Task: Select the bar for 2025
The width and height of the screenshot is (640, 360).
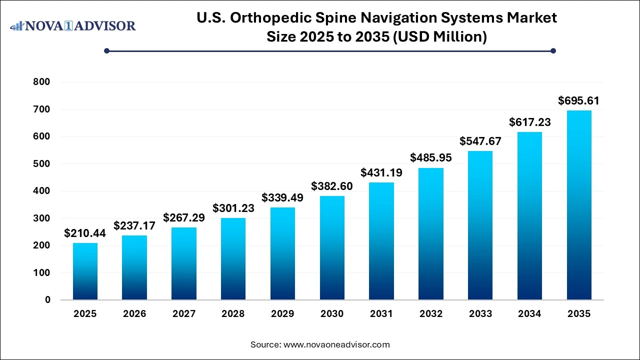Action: (x=85, y=271)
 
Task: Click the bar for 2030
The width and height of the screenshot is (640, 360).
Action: (x=332, y=248)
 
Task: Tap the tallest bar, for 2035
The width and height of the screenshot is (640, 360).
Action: (x=579, y=205)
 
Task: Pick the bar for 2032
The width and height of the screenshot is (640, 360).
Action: (x=430, y=234)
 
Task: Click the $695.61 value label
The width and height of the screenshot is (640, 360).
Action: (x=578, y=101)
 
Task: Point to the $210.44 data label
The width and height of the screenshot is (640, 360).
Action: (x=85, y=233)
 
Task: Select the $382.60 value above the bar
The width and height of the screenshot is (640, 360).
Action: (x=332, y=186)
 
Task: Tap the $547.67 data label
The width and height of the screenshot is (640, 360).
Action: (x=480, y=141)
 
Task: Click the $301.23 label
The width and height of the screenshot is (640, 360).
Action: (x=233, y=208)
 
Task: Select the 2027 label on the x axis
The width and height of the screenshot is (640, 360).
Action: (x=184, y=314)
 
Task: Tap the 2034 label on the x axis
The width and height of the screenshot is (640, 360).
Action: (x=529, y=314)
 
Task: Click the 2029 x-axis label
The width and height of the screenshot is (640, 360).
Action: (x=282, y=314)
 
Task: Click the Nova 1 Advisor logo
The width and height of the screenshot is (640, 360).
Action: (x=73, y=25)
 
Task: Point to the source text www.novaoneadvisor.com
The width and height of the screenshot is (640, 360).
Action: (x=336, y=344)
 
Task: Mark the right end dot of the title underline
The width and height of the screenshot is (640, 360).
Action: (x=553, y=50)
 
